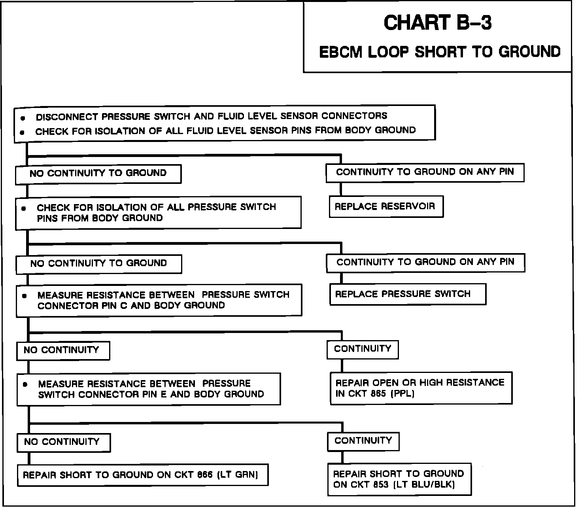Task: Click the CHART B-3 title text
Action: [437, 23]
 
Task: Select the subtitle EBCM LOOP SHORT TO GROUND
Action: [440, 52]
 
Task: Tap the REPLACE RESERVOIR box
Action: [386, 206]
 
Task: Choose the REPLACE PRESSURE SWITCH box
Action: [407, 294]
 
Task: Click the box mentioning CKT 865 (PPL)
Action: [421, 388]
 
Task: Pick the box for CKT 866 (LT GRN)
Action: [142, 475]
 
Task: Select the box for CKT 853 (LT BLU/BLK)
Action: [399, 479]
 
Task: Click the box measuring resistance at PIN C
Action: [159, 300]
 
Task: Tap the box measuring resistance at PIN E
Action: [148, 389]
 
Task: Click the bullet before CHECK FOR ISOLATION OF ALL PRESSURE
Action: [24, 208]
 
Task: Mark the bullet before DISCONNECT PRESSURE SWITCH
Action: [23, 118]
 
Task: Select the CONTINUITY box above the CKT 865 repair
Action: [362, 349]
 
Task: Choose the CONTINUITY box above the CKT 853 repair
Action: [363, 441]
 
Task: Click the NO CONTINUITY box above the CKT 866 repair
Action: [63, 442]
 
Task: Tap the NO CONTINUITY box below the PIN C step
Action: [62, 350]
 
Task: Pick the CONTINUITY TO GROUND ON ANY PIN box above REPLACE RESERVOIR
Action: [425, 172]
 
